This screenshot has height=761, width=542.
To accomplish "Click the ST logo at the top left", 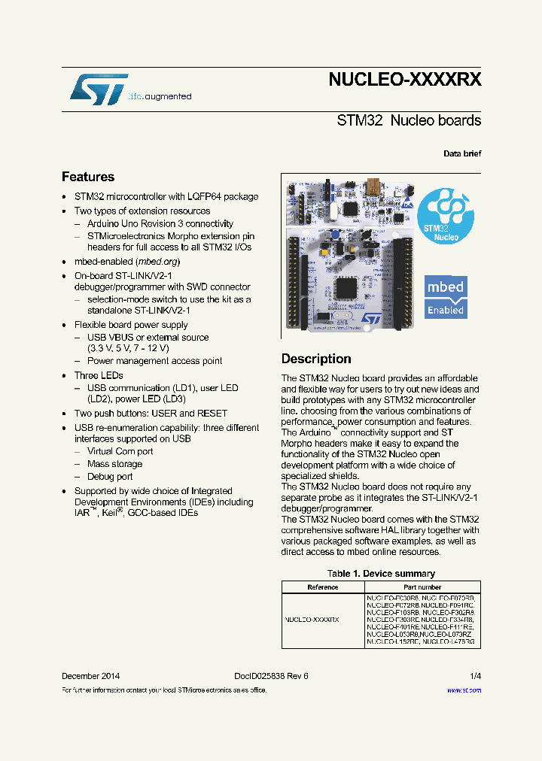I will (x=98, y=89).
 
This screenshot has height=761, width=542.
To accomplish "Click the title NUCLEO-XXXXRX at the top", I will (x=404, y=80).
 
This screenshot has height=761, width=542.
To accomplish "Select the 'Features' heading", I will (x=88, y=177).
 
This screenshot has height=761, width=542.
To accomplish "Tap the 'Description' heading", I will (x=316, y=359).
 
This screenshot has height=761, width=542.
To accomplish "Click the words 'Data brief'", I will (x=462, y=153).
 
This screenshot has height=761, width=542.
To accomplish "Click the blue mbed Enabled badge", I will (x=445, y=297).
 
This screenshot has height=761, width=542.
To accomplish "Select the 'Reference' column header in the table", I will (x=323, y=587).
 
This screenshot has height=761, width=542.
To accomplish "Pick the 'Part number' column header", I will (x=422, y=587).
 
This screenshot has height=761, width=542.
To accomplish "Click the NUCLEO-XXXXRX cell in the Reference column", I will (x=312, y=620).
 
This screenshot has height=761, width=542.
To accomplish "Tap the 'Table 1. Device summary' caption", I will (x=381, y=574).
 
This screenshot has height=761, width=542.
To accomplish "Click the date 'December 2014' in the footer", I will (x=90, y=676).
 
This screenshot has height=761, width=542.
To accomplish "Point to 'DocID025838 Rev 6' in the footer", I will (x=266, y=676).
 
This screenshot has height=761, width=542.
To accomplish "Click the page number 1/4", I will (x=475, y=676).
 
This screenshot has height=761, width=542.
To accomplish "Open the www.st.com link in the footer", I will (x=464, y=690).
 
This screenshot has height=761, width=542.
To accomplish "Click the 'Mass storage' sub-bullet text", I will (x=114, y=464).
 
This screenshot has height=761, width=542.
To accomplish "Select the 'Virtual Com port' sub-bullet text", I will (x=120, y=451).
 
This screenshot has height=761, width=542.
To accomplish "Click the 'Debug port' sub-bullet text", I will (x=110, y=476).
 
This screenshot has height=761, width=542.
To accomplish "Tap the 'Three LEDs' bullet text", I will (x=99, y=375).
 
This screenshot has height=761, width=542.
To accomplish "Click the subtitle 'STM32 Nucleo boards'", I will (x=409, y=120).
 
